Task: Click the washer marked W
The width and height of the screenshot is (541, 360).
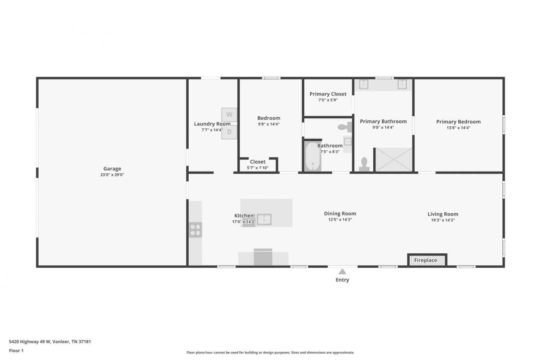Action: [x=229, y=115]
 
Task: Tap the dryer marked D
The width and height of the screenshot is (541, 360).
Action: [x=229, y=132]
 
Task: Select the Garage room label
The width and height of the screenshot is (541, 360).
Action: [x=112, y=169]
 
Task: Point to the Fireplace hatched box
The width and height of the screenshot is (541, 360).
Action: [x=427, y=260]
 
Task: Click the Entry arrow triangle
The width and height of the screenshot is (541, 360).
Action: [x=342, y=272]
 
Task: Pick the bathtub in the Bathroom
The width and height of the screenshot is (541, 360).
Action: [x=313, y=156]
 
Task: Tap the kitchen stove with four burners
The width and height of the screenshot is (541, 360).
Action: [x=195, y=230]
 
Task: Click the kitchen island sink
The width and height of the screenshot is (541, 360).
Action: [x=264, y=219]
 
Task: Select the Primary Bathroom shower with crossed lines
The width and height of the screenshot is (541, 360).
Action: [x=394, y=160]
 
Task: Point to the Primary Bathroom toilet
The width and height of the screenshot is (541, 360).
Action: [x=364, y=164]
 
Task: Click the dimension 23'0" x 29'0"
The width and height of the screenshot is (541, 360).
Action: [x=112, y=175]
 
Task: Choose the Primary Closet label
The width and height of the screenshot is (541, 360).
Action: [x=328, y=94]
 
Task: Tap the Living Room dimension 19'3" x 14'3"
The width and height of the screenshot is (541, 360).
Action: [x=443, y=220]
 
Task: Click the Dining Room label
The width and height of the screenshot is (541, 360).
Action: [x=340, y=214]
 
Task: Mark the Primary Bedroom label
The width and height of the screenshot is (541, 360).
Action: [x=458, y=121]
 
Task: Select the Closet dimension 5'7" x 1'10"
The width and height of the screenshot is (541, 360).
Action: [x=258, y=168]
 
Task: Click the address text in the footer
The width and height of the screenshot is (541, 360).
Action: [x=50, y=341]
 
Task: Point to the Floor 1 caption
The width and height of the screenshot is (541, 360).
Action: [x=16, y=351]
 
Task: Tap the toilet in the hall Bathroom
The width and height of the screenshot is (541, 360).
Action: [x=345, y=127]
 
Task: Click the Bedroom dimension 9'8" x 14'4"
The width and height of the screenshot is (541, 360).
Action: [x=269, y=124]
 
